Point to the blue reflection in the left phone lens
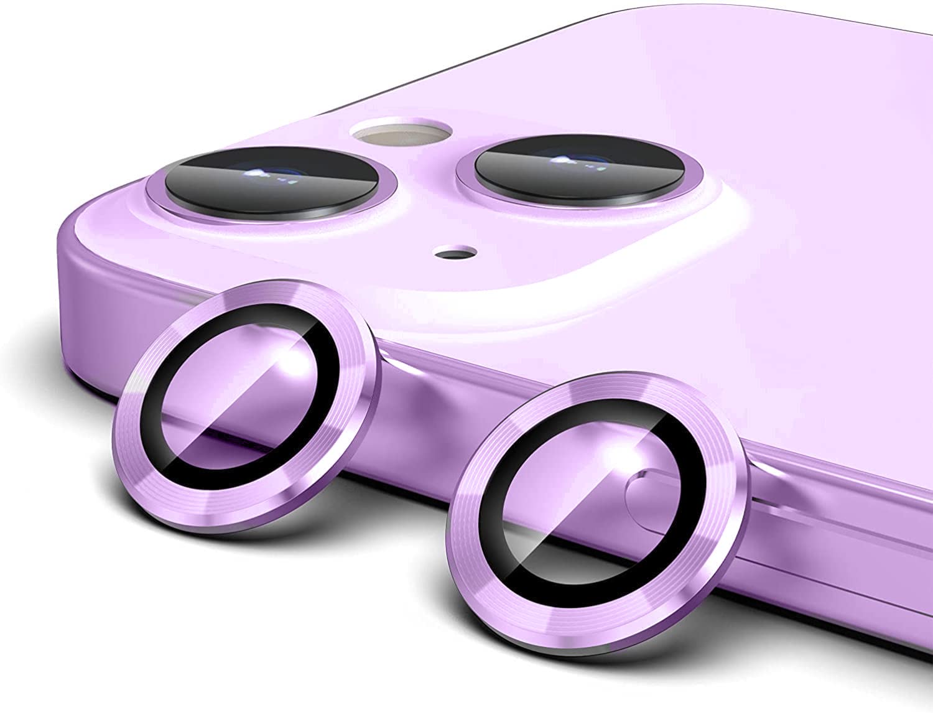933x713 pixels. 261,173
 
